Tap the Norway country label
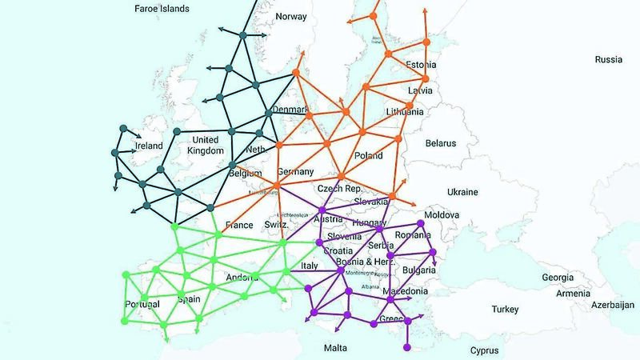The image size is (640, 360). pyautogui.click(x=290, y=17)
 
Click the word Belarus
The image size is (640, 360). pyautogui.click(x=439, y=143)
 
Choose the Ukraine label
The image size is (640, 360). pyautogui.click(x=462, y=192)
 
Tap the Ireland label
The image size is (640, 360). pyautogui.click(x=148, y=146)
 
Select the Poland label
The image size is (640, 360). pyautogui.click(x=368, y=156)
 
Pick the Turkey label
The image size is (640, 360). pyautogui.click(x=506, y=309)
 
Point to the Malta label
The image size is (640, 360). pyautogui.click(x=335, y=348)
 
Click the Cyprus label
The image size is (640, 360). pyautogui.click(x=484, y=350)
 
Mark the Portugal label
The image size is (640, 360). pyautogui.click(x=142, y=304)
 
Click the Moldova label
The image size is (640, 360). pyautogui.click(x=441, y=216)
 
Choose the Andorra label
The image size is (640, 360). pyautogui.click(x=241, y=278)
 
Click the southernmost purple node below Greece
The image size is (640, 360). pyautogui.click(x=407, y=346)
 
